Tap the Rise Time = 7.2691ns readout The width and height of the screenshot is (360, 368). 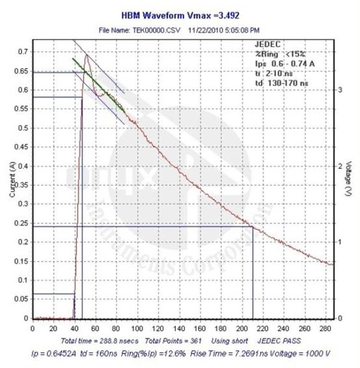click(229, 352)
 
